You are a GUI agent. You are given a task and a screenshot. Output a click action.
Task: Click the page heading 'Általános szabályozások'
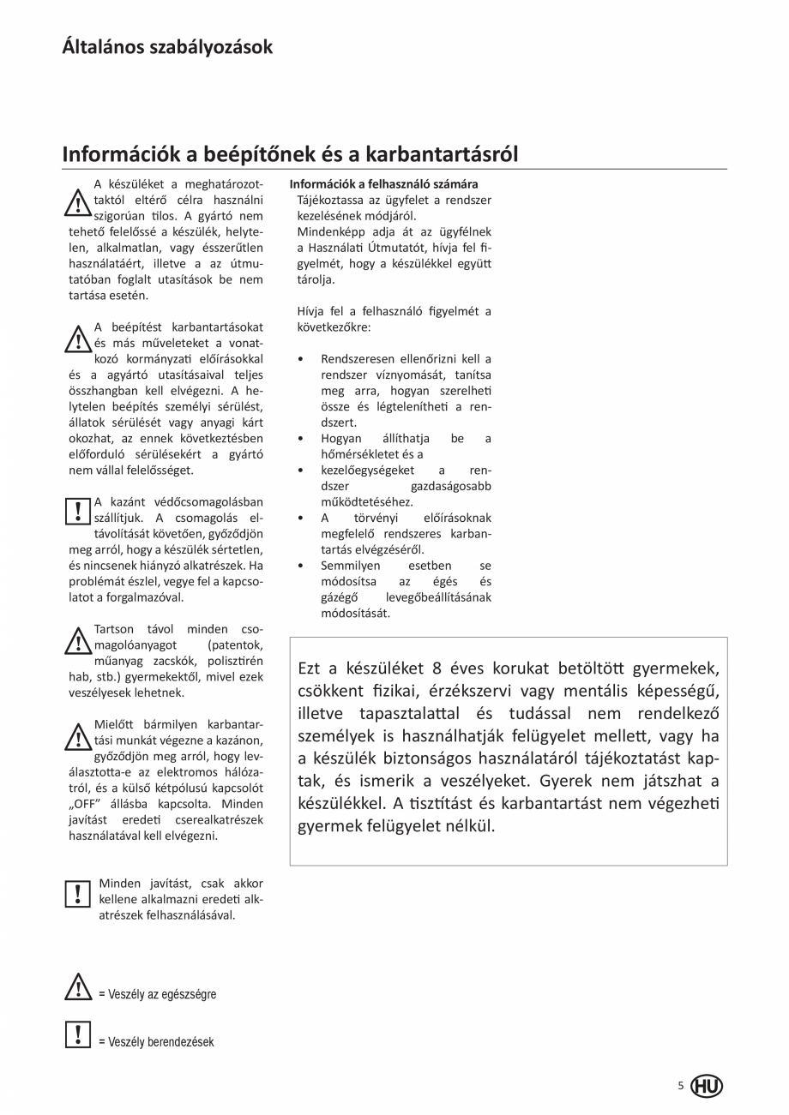tap(167, 46)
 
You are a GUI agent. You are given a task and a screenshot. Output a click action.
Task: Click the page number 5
tap(681, 1086)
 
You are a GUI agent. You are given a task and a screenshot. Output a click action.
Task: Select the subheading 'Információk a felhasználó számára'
tap(383, 184)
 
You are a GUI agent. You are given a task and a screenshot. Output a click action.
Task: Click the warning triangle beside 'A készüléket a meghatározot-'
tap(77, 202)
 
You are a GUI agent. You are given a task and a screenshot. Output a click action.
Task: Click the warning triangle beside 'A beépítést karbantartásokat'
tap(77, 339)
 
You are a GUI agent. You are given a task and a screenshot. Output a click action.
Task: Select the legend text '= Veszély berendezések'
tap(156, 1042)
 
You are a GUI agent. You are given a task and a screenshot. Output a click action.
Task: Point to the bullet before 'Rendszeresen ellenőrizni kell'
tap(299, 359)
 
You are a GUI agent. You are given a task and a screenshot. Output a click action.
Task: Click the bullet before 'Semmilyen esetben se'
tap(299, 566)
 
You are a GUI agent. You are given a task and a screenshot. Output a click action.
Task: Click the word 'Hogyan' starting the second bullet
tap(342, 439)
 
